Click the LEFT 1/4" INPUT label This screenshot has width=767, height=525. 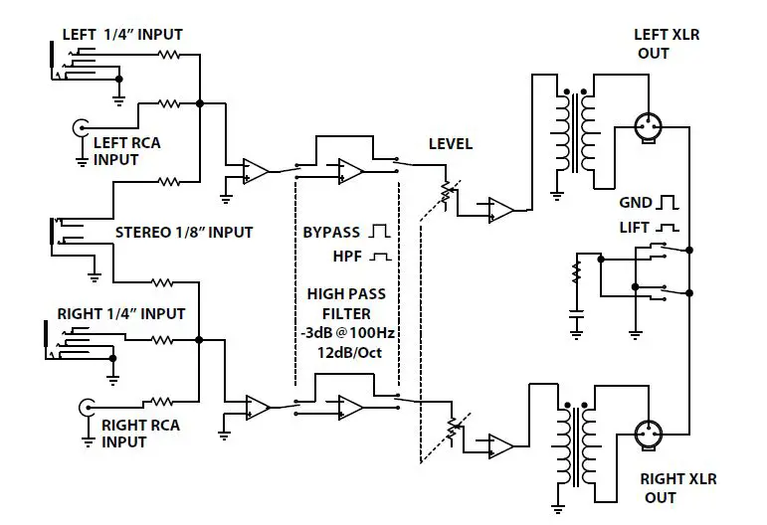[x=122, y=35]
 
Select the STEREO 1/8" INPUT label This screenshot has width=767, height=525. [x=184, y=233]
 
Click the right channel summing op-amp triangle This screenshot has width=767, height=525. [x=257, y=407]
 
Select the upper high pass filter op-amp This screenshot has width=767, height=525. [x=350, y=171]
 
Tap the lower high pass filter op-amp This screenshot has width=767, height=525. [x=350, y=406]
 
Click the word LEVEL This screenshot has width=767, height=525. [x=450, y=144]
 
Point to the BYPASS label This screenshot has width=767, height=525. [x=333, y=233]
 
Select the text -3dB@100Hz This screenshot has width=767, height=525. [x=345, y=331]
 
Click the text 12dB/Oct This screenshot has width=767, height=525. [x=345, y=351]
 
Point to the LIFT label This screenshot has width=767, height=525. [x=634, y=228]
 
